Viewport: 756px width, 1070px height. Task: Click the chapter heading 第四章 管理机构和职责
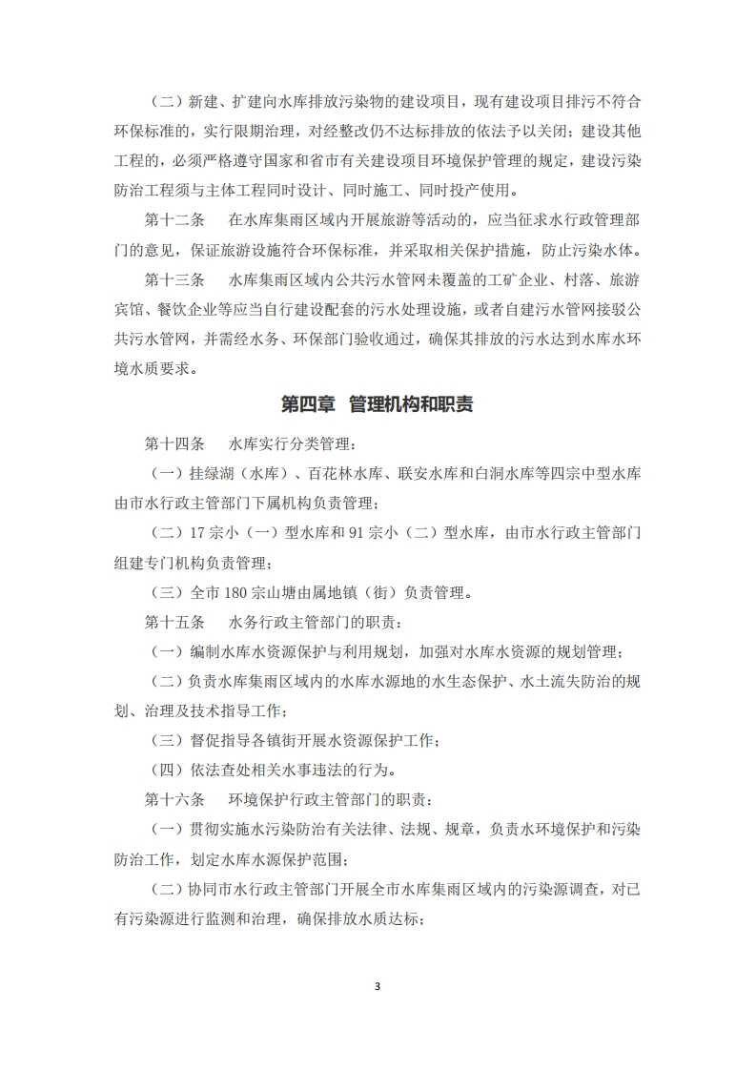point(378,404)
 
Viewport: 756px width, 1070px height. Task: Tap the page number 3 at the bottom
point(378,985)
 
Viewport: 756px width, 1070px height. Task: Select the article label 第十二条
point(174,220)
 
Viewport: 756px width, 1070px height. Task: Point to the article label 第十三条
point(174,281)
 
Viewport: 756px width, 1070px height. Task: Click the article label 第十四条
point(174,443)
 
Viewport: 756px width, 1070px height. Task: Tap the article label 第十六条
point(174,802)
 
